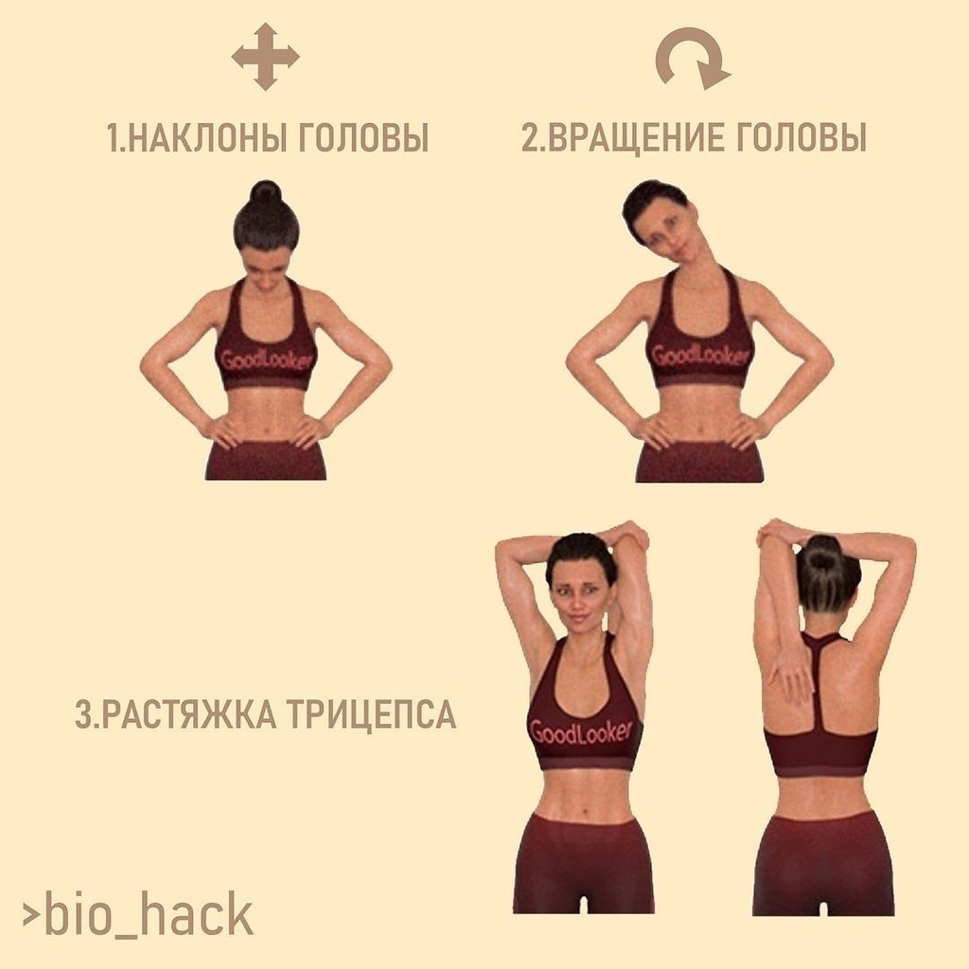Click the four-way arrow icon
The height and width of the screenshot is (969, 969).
[x=265, y=58]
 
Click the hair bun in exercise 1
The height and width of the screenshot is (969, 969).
[x=266, y=192]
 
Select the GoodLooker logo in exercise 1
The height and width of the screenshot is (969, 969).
[x=266, y=359]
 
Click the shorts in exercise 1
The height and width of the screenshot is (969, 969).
[x=266, y=461]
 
